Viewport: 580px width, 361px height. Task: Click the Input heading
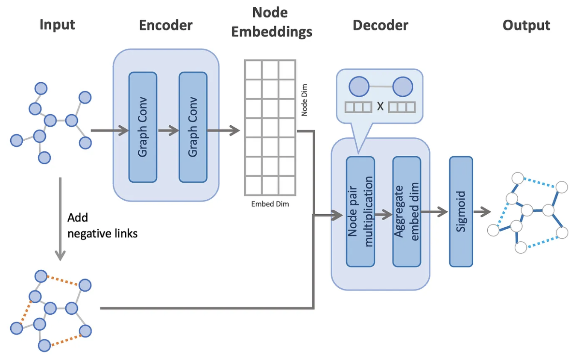click(57, 25)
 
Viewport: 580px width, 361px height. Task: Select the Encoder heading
click(166, 25)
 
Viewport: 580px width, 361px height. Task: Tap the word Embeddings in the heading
click(272, 32)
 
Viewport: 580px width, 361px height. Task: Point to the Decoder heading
click(380, 25)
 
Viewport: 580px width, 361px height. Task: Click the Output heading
click(526, 25)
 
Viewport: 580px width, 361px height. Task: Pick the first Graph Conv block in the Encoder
click(143, 127)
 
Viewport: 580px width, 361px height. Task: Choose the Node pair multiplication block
click(360, 211)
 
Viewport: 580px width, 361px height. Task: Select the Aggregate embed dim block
click(407, 211)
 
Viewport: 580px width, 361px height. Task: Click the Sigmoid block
click(461, 211)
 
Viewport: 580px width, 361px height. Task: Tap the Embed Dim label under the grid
click(270, 204)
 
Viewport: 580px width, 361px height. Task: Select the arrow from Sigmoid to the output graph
click(481, 211)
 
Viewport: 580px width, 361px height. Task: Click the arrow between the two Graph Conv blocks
click(167, 130)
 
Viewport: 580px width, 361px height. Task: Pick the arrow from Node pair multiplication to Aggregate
click(384, 215)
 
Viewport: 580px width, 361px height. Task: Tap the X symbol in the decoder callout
click(380, 107)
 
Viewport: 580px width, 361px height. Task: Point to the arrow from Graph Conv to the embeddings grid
click(223, 130)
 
